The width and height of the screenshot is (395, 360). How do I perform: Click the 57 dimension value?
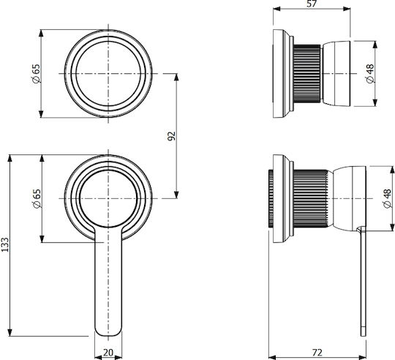pos(312,4)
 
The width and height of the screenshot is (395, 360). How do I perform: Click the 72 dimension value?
pos(317,352)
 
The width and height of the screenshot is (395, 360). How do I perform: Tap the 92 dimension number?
pos(172,136)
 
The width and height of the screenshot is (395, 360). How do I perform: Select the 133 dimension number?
pos(5,244)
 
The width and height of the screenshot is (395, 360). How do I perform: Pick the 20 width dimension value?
pos(108,352)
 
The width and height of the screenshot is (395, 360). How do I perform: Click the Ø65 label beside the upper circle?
pos(37,74)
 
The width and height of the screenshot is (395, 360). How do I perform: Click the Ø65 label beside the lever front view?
pos(37,198)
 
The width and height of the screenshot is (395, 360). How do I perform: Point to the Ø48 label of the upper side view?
pos(370,74)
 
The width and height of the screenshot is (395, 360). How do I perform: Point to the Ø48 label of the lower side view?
pos(387,198)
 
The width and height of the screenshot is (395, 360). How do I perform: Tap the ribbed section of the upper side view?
pos(307,74)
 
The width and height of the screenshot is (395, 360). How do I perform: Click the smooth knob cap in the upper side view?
pos(336,74)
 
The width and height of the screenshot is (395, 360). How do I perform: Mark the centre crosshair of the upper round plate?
pos(108,74)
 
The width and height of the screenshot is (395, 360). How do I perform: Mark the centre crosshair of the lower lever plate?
pos(108,198)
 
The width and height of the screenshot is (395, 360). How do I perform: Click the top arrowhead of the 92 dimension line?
pos(176,77)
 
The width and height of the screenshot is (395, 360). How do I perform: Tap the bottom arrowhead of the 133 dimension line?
pos(10,332)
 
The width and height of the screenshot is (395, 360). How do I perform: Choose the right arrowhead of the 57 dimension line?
pos(347,9)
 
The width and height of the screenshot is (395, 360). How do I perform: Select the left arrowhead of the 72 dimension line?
pos(272,357)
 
